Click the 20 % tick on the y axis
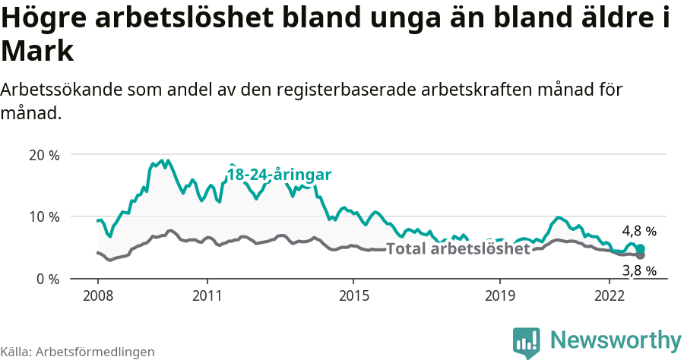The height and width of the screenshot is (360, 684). (43, 155)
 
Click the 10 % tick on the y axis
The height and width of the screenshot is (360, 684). (43, 217)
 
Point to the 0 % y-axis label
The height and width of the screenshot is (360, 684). (47, 279)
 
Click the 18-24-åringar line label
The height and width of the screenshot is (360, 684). (279, 175)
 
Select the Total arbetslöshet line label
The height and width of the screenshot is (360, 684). (458, 248)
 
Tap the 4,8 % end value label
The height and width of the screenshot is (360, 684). (638, 231)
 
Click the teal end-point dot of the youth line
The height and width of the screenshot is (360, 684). (641, 248)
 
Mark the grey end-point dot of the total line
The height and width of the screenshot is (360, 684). (641, 255)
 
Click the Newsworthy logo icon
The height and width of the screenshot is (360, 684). (527, 343)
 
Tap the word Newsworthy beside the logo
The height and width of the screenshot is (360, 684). (616, 339)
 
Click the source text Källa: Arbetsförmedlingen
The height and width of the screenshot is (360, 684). (78, 352)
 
